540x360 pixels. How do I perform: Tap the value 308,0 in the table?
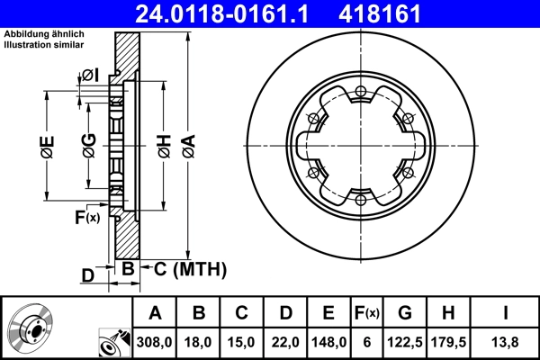point(155,341)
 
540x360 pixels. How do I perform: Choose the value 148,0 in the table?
point(328,341)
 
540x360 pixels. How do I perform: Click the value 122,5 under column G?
point(405,341)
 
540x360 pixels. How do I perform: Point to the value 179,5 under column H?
point(450,341)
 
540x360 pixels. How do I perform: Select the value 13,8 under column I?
point(508,341)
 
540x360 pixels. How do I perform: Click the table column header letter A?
point(155,313)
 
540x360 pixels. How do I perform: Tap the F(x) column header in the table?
point(366,313)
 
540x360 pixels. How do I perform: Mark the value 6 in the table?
point(366,341)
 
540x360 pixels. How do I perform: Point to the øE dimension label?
point(47,146)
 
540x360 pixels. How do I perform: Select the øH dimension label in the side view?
point(163,146)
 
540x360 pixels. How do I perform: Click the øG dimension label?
point(88,146)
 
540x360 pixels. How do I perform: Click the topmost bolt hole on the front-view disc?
point(360,90)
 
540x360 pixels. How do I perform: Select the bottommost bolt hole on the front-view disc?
point(360,200)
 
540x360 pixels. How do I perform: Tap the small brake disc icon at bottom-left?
point(32,328)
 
